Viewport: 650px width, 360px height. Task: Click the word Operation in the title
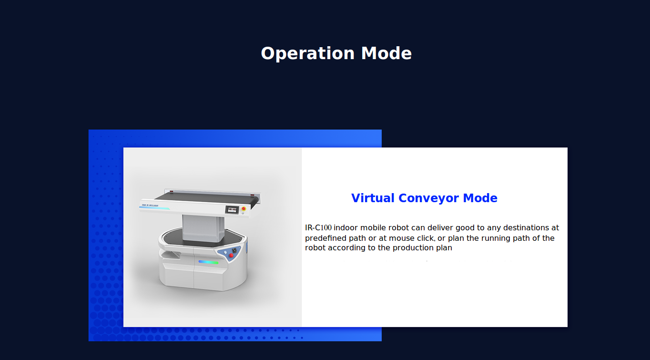tap(307, 54)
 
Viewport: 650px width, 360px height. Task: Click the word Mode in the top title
tap(386, 53)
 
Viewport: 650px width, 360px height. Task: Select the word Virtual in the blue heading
tap(373, 198)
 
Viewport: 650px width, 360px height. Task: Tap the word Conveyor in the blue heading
tap(428, 198)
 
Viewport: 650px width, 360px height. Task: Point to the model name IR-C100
tap(318, 227)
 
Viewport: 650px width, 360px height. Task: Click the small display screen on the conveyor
tap(232, 210)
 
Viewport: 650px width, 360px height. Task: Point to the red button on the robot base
tap(231, 256)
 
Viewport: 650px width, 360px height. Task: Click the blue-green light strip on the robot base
tap(208, 262)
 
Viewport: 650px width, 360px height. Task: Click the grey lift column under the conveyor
tap(203, 228)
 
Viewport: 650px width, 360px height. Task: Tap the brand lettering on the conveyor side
tap(150, 206)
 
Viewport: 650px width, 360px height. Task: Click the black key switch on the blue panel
tap(234, 250)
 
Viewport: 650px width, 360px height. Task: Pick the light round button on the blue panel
tap(225, 252)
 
